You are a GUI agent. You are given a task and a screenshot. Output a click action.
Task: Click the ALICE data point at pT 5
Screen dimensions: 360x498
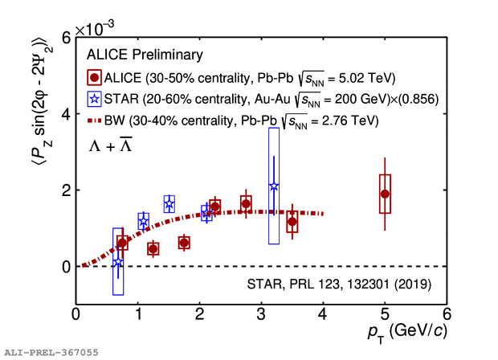point(385,194)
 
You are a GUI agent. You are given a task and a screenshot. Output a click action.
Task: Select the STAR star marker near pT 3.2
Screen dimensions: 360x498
point(274,186)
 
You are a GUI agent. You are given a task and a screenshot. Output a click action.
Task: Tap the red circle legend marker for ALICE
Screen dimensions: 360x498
point(95,78)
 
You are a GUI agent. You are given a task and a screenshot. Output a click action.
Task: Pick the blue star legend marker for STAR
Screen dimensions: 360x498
point(95,100)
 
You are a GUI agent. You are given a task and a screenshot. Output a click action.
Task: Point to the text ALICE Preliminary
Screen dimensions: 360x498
point(144,55)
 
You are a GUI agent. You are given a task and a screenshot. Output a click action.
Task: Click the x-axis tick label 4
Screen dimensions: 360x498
point(323,313)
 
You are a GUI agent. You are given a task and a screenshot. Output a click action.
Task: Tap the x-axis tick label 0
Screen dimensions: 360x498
point(76,313)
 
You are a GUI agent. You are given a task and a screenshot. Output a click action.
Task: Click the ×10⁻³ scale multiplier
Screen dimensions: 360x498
point(95,29)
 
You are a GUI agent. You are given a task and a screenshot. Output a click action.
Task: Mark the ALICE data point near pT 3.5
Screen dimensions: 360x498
point(292,221)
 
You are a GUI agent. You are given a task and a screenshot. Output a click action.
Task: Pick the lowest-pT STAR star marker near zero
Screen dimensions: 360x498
point(118,262)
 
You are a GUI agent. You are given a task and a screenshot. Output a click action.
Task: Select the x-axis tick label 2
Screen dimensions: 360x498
point(199,313)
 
